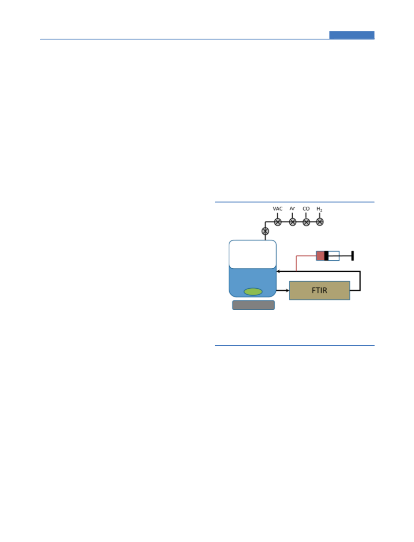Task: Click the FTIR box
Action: click(x=319, y=290)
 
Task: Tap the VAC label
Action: click(x=277, y=209)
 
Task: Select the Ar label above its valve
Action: click(x=292, y=209)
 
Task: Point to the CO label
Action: click(x=306, y=209)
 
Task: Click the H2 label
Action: click(x=320, y=209)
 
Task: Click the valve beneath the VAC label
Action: click(x=278, y=222)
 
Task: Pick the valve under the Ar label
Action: click(x=293, y=222)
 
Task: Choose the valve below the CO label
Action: click(x=307, y=222)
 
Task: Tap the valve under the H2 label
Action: click(x=320, y=222)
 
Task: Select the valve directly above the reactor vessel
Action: click(x=265, y=231)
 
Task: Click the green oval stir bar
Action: click(x=253, y=292)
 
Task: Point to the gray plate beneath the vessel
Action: click(x=253, y=305)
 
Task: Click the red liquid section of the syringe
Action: click(x=320, y=256)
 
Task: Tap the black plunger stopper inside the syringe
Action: click(x=326, y=256)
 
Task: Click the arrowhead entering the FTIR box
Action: click(x=287, y=290)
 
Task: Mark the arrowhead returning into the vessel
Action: click(x=278, y=271)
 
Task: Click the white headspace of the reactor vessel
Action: click(x=252, y=254)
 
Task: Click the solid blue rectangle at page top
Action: click(x=352, y=35)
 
